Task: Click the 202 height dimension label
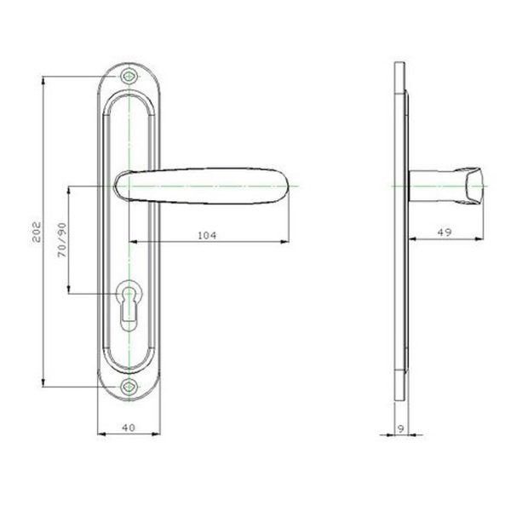(x=37, y=232)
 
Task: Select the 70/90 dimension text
(x=62, y=240)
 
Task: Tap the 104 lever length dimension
(x=207, y=235)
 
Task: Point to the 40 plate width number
(x=129, y=428)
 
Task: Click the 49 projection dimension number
(x=445, y=233)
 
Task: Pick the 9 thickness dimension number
(x=401, y=428)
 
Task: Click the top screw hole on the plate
(x=129, y=77)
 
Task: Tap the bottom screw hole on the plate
(x=129, y=387)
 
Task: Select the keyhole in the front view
(x=129, y=305)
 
